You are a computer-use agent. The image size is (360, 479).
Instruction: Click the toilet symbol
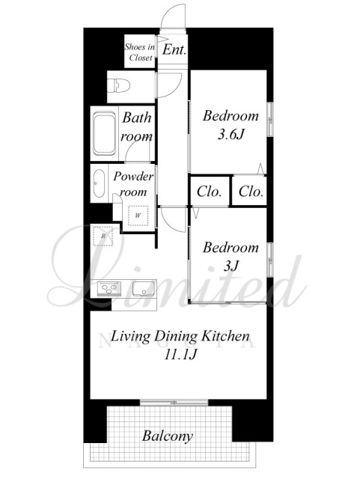tap(119, 85)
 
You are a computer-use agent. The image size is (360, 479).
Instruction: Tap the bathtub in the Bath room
tap(105, 133)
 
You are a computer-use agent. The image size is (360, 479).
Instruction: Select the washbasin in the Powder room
tap(99, 183)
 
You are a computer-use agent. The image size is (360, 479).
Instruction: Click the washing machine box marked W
tap(138, 216)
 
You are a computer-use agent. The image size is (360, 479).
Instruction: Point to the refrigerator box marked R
tap(103, 236)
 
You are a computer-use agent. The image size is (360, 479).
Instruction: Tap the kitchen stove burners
tap(109, 289)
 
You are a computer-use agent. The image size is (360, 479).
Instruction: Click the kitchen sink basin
tap(144, 289)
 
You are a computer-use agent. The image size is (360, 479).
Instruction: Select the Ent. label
tap(174, 49)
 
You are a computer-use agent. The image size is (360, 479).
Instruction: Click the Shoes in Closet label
tap(140, 52)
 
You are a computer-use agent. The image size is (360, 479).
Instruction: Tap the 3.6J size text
tap(231, 135)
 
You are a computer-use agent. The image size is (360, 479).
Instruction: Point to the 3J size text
tap(231, 266)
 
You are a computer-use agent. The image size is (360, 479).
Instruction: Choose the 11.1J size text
tap(180, 355)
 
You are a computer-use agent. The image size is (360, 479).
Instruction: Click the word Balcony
tap(168, 436)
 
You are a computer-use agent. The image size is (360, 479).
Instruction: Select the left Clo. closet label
tap(209, 192)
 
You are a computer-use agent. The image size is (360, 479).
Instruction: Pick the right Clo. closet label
tap(251, 192)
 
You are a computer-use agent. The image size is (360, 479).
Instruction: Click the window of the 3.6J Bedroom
tap(270, 119)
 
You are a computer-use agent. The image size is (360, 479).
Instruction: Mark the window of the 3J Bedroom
tap(270, 260)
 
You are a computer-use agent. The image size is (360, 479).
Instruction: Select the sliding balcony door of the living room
tap(174, 403)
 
